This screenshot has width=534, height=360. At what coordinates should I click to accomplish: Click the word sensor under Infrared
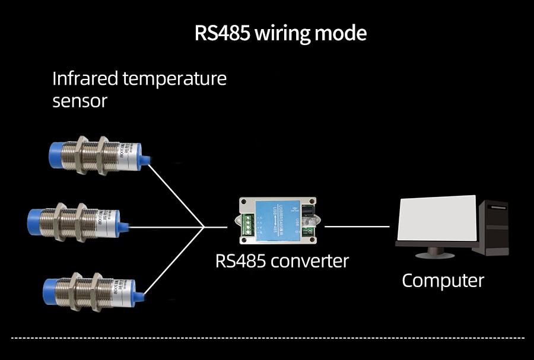[80, 100]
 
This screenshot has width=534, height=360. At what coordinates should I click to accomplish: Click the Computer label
[443, 280]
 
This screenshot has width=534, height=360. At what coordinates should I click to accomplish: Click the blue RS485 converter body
[279, 220]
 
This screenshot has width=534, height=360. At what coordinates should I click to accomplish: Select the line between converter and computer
[357, 226]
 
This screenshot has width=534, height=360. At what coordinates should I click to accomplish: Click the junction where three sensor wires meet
[204, 226]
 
